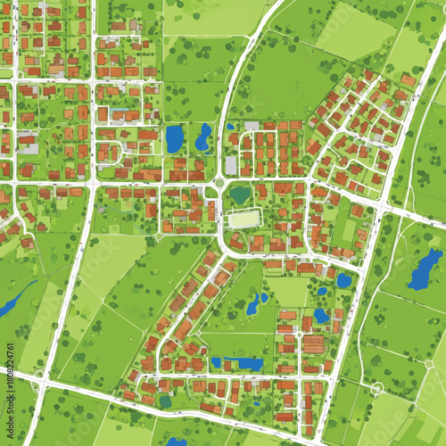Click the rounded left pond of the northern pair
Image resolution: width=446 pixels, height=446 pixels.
pyautogui.click(x=173, y=138)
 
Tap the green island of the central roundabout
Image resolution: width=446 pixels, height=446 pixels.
pyautogui.click(x=219, y=185)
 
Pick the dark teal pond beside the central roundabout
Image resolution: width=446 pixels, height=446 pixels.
pyautogui.click(x=240, y=194)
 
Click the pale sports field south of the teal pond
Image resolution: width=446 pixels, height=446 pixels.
pyautogui.click(x=242, y=218)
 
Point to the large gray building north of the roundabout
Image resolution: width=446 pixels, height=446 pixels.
pyautogui.click(x=231, y=165)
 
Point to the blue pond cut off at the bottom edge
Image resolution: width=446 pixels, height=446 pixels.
pyautogui.click(x=178, y=441)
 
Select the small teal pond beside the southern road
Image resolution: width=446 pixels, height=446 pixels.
pyautogui.click(x=166, y=401)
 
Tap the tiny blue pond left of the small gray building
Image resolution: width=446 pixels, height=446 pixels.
pyautogui.click(x=230, y=127)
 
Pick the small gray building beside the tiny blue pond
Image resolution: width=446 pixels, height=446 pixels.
pyautogui.click(x=252, y=126)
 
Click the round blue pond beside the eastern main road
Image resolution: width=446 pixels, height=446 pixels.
pyautogui.click(x=343, y=280)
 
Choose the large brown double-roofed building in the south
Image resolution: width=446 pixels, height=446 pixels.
pyautogui.click(x=313, y=343)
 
